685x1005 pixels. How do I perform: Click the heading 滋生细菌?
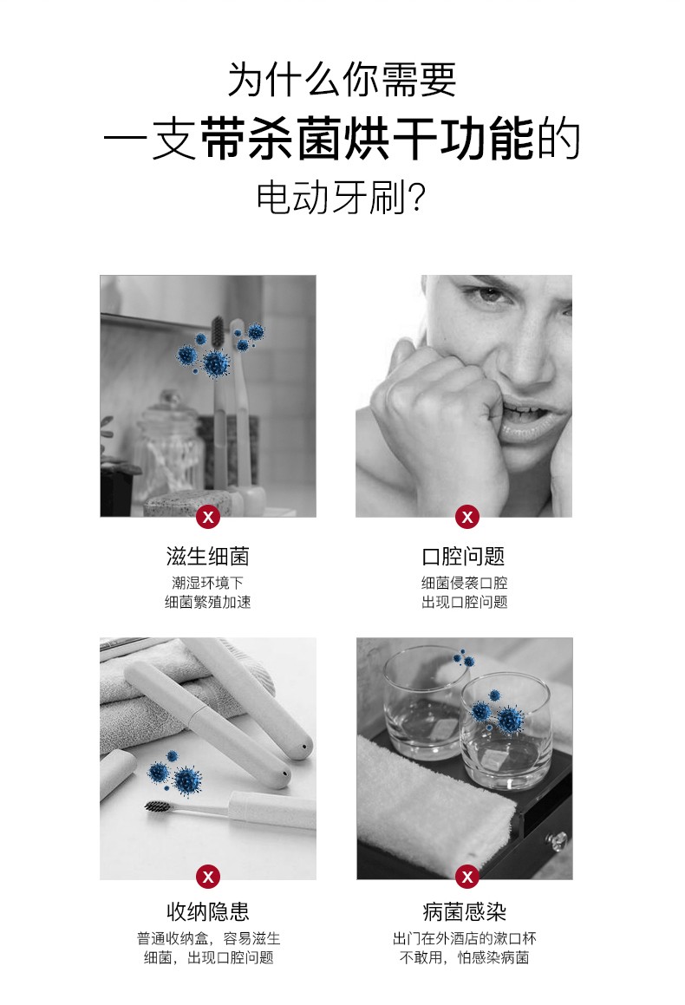[x=207, y=557]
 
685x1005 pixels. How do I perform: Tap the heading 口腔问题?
[x=464, y=557]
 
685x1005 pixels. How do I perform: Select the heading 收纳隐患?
[x=207, y=911]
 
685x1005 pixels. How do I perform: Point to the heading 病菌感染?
[x=465, y=911]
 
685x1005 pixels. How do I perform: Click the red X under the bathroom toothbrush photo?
[x=207, y=517]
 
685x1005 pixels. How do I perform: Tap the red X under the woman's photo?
[x=467, y=517]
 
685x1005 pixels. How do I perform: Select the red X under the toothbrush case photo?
[x=207, y=876]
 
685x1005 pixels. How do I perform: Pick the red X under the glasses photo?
[x=467, y=876]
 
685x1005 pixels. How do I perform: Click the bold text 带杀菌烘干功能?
[x=367, y=139]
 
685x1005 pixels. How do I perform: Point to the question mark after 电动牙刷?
[x=416, y=199]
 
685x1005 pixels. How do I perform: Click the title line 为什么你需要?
[x=342, y=80]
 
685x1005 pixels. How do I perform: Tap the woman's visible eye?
[x=488, y=296]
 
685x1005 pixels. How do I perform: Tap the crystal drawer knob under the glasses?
[x=557, y=838]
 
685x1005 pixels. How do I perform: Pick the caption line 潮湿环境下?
[x=207, y=583]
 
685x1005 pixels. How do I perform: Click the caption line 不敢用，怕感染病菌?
[x=465, y=957]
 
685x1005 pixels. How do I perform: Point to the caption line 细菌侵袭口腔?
[x=464, y=583]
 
